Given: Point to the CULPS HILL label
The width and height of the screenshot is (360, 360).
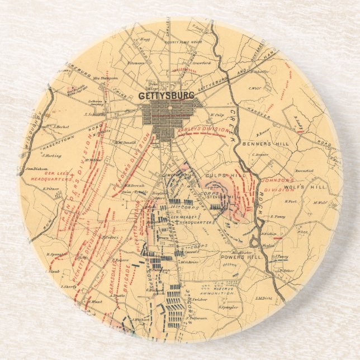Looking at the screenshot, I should (x=207, y=176).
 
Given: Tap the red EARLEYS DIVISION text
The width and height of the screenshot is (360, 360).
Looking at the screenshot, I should (x=202, y=130).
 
